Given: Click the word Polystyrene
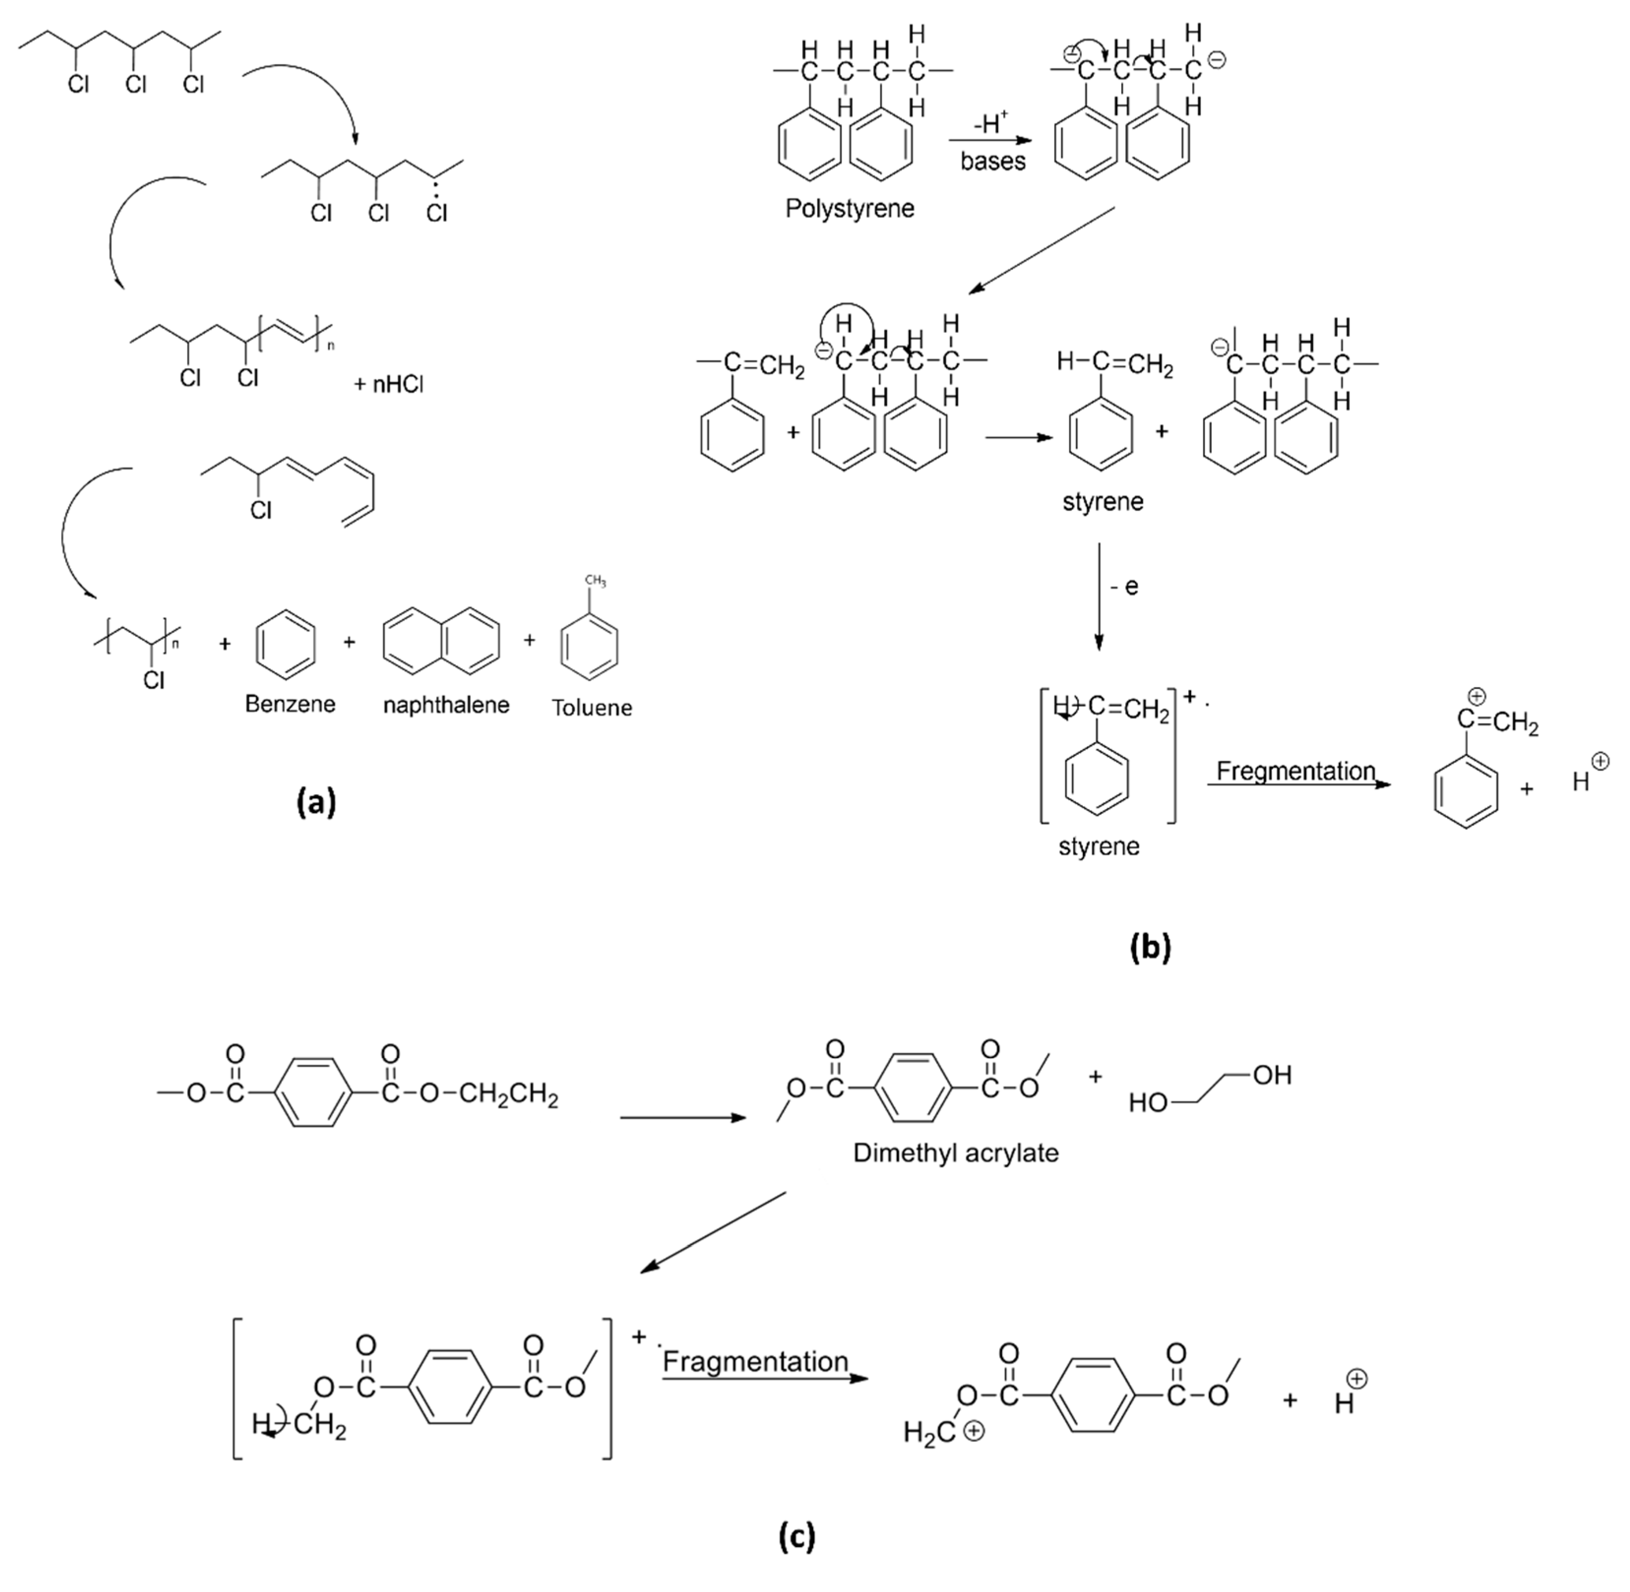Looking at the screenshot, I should point(849,208).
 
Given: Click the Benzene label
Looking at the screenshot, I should point(290,704).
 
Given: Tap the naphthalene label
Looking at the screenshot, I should point(446,705).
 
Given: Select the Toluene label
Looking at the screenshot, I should point(592,707).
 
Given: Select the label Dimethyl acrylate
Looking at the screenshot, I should point(955,1153).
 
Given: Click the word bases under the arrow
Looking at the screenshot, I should point(992,161).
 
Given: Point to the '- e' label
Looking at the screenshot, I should point(1124,587).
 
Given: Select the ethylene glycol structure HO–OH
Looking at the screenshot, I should point(1209,1089).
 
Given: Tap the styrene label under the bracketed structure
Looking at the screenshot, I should point(1098,846).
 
